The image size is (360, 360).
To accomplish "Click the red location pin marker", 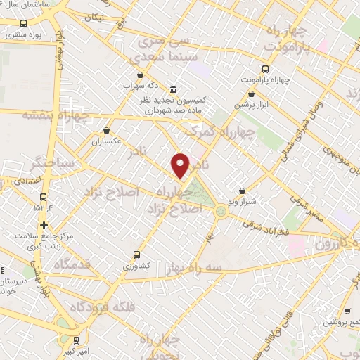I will click(x=181, y=165).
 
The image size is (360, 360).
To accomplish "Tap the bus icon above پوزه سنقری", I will click(x=24, y=22).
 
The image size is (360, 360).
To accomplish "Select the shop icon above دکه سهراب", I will click(x=140, y=75).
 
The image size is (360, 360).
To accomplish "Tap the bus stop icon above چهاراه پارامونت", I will click(x=265, y=69).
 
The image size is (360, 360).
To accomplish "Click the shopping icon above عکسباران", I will click(x=107, y=130).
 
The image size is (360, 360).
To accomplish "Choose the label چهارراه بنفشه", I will click(x=56, y=115).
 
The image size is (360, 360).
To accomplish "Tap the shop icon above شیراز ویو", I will click(x=242, y=191).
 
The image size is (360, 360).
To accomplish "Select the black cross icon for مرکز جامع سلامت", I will click(x=44, y=226).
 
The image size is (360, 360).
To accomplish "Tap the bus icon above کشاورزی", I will click(x=136, y=255).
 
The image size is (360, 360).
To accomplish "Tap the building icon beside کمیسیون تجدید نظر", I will click(x=174, y=89).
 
